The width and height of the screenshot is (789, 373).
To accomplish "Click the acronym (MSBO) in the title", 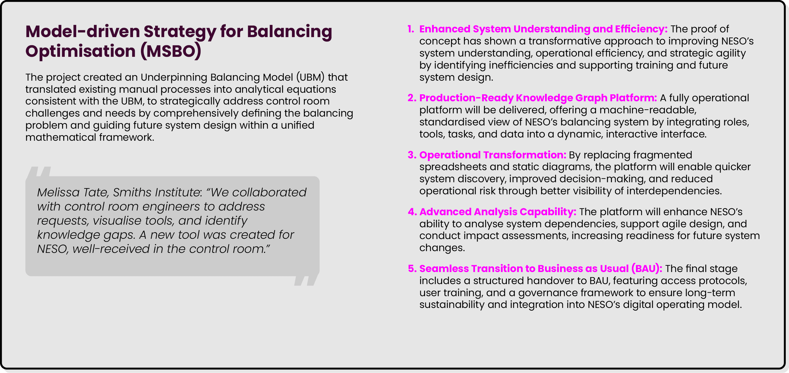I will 171,51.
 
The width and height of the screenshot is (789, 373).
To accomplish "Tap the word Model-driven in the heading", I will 82,32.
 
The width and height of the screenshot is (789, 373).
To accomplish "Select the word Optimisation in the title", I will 80,51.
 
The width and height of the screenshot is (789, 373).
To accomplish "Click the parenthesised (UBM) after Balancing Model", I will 310,77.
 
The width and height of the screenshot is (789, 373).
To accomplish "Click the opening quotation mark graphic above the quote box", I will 39,172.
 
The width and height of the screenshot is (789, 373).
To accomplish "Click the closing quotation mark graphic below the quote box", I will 306,281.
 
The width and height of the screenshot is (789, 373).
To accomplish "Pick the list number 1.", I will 411,29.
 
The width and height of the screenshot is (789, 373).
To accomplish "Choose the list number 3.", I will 411,155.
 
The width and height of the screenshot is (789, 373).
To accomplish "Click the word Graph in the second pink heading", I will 592,98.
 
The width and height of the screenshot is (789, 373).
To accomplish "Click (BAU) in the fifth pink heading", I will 647,269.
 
